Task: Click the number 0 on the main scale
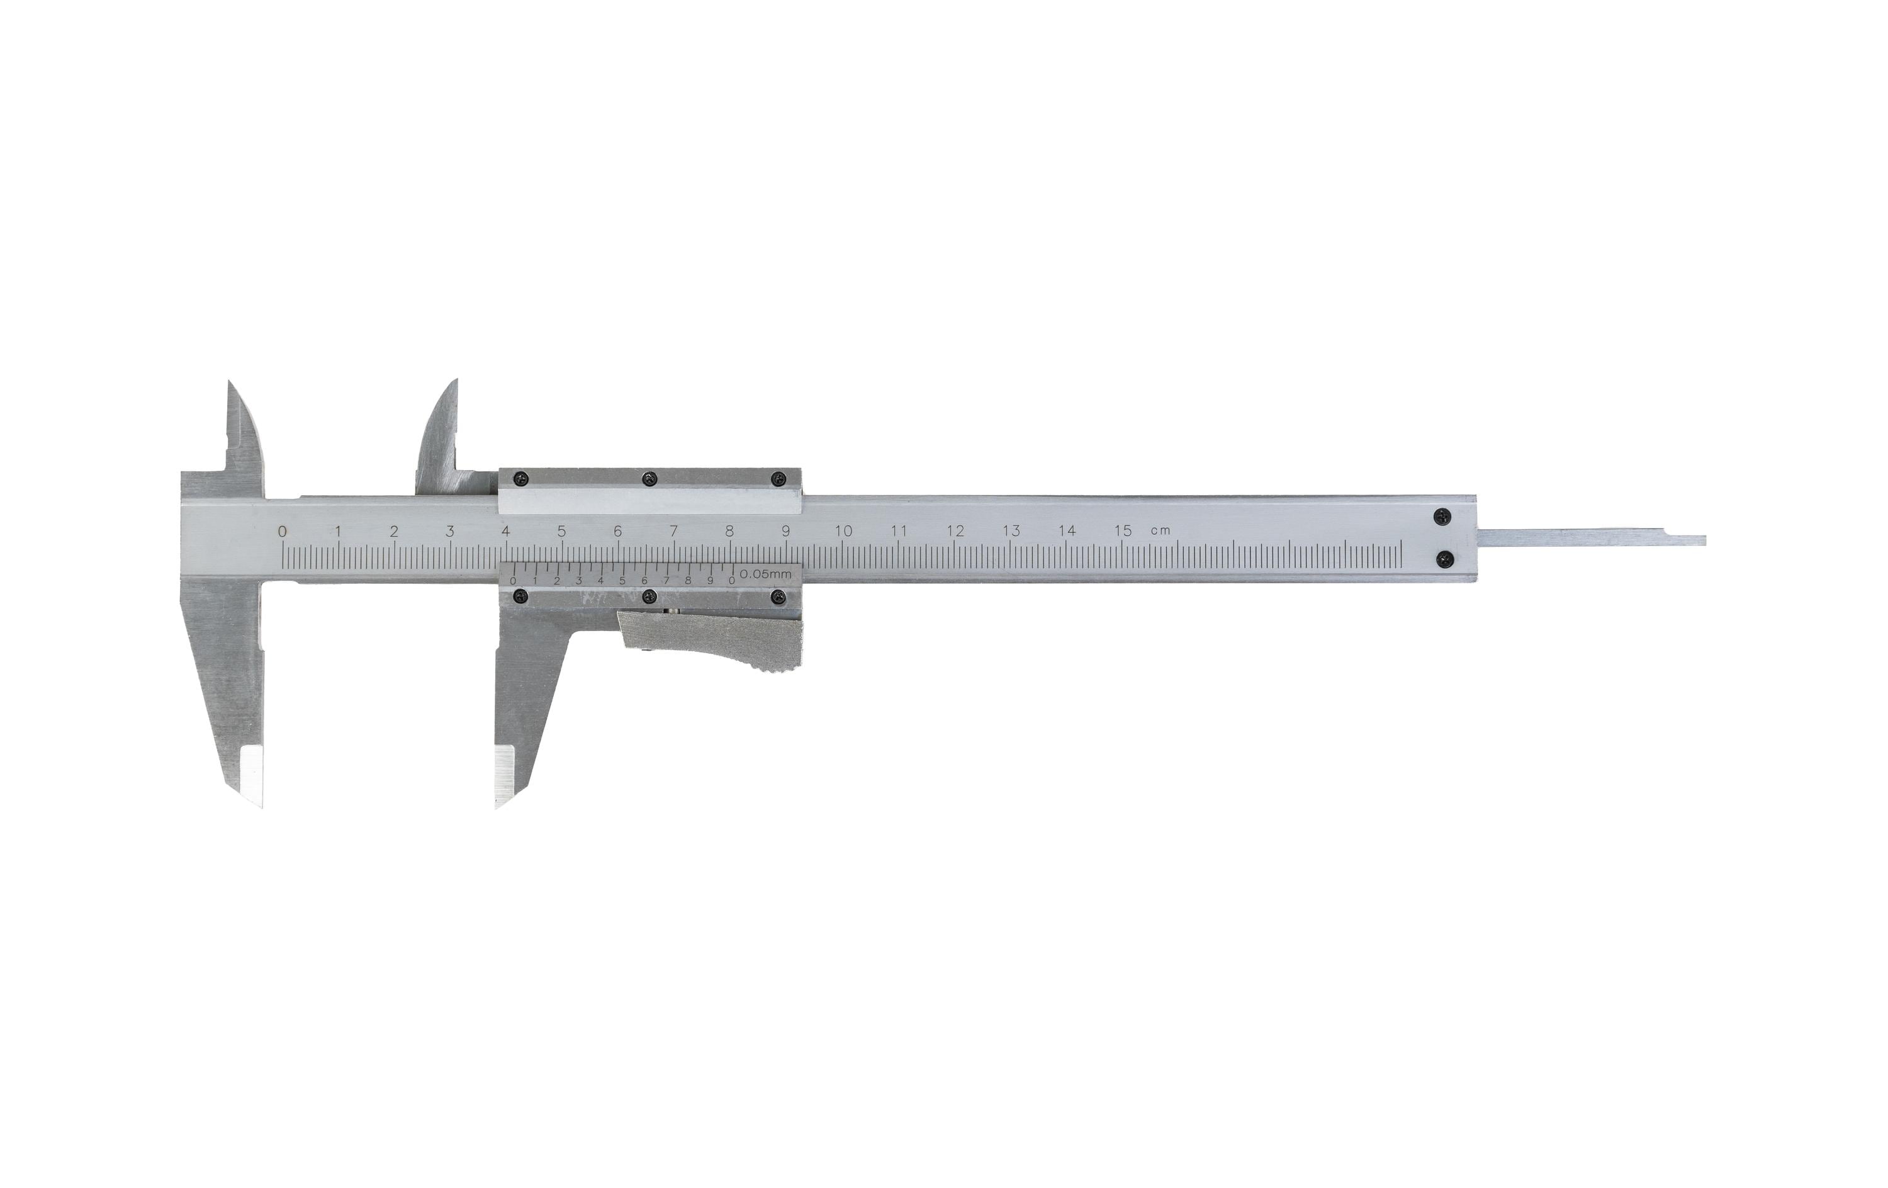pos(283,532)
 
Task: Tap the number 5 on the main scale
pos(561,531)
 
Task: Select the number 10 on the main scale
pos(843,531)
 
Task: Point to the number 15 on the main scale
pos(1123,531)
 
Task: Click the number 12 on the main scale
pos(955,531)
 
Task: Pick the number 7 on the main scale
pos(673,531)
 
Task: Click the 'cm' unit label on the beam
pos(1160,532)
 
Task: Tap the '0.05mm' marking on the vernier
pos(766,574)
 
